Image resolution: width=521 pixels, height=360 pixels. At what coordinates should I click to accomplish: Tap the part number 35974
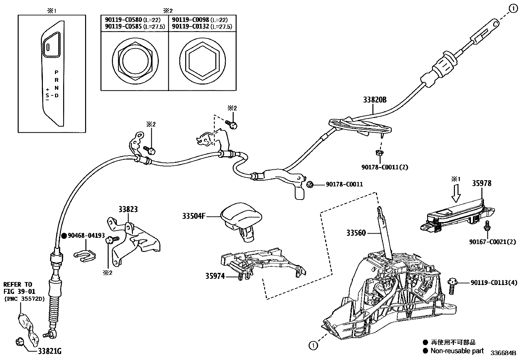pyautogui.click(x=215, y=276)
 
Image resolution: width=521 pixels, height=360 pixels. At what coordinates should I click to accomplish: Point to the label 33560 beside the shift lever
pyautogui.click(x=356, y=233)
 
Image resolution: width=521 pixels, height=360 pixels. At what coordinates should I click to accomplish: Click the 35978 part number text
pyautogui.click(x=481, y=183)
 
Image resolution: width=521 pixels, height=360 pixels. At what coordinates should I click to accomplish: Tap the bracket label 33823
pyautogui.click(x=128, y=209)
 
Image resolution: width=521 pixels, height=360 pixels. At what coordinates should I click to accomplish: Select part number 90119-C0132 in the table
pyautogui.click(x=190, y=27)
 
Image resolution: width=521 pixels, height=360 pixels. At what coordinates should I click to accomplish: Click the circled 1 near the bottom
pyautogui.click(x=313, y=345)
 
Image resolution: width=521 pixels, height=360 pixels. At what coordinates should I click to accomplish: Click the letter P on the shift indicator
pyautogui.click(x=57, y=72)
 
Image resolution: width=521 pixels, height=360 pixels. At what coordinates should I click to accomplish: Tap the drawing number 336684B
pyautogui.click(x=503, y=353)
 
